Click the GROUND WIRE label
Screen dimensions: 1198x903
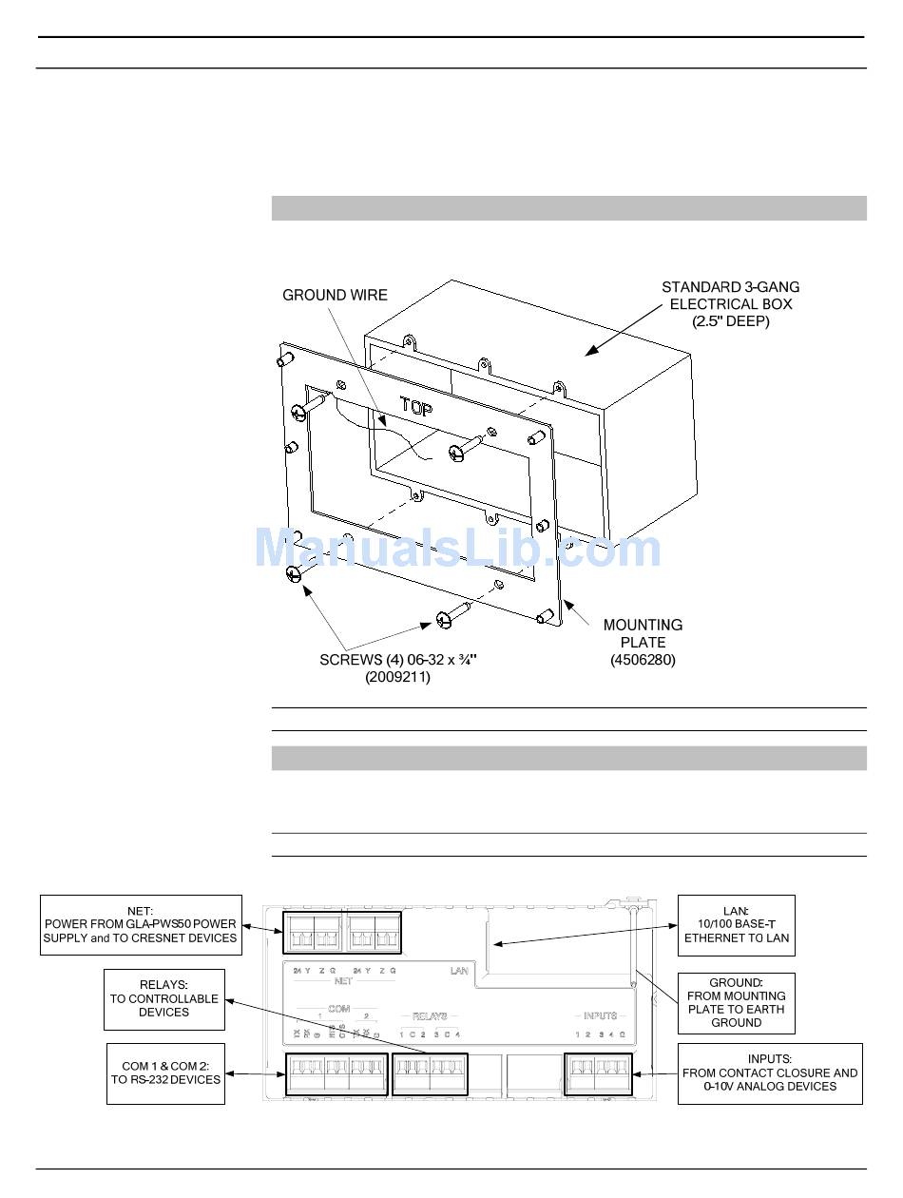pos(335,296)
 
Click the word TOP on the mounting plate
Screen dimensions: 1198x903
pos(416,408)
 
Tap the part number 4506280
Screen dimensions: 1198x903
pos(643,660)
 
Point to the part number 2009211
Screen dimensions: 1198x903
pos(397,678)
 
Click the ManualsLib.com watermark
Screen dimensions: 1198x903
pos(457,550)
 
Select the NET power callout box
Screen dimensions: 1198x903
pos(140,925)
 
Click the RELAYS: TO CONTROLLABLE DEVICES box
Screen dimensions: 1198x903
pos(163,999)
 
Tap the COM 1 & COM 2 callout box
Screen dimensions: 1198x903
pos(165,1073)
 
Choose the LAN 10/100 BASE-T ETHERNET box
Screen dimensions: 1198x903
pos(736,925)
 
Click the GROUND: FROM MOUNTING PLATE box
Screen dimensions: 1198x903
pos(736,1003)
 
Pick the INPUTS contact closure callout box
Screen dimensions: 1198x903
pos(769,1073)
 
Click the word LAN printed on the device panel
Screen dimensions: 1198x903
pos(459,972)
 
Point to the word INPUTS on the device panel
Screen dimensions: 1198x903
pos(601,1016)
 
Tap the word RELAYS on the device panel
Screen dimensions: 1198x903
pos(430,1016)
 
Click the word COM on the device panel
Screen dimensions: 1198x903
pos(338,1009)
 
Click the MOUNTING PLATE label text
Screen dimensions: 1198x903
pos(643,633)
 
